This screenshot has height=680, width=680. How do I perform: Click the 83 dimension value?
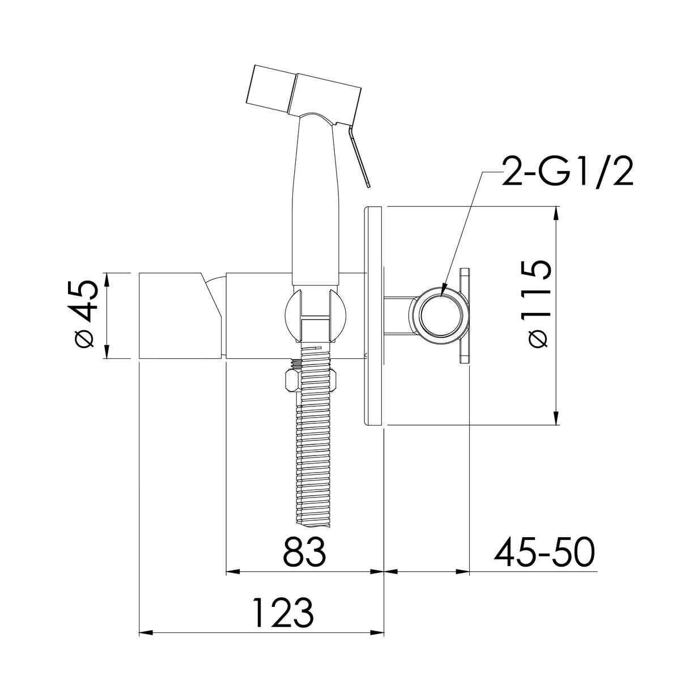click(304, 552)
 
